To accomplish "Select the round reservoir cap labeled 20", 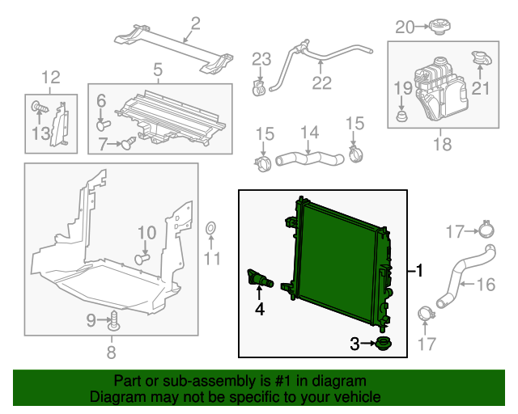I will click(440, 27).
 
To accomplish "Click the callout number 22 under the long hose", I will click(321, 82).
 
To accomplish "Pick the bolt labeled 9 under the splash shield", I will click(114, 322).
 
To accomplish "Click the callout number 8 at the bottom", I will click(112, 352).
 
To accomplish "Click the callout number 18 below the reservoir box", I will click(442, 145).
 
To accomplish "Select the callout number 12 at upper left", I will click(51, 78).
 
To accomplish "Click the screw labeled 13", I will click(38, 106).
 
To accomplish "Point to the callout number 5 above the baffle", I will click(158, 70).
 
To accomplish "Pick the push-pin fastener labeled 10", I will click(142, 259).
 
